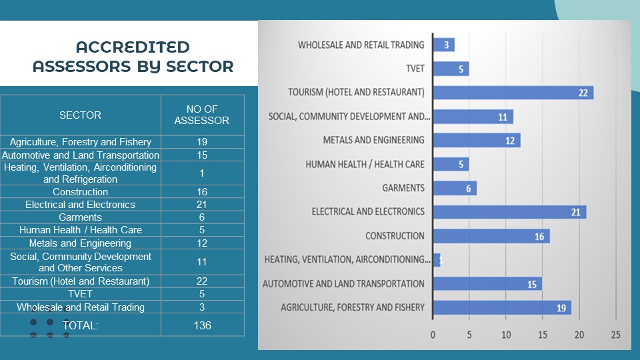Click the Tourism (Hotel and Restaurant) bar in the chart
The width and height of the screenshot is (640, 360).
click(513, 93)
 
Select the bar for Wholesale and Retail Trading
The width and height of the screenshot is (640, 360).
click(444, 45)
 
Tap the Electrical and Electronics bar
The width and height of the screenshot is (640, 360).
click(509, 212)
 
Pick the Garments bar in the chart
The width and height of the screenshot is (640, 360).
click(455, 188)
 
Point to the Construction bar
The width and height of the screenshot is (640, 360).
click(491, 236)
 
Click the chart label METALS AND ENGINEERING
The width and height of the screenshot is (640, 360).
click(373, 140)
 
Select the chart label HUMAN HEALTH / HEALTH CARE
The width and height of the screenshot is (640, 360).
click(365, 164)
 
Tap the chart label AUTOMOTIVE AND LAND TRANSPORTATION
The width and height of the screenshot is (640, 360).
click(343, 284)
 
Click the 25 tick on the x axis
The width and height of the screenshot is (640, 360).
click(615, 334)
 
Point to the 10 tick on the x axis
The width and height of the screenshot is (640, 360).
click(506, 334)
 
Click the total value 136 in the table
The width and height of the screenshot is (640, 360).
click(202, 325)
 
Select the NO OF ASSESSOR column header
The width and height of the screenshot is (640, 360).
click(202, 115)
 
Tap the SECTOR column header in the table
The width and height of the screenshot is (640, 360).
click(80, 115)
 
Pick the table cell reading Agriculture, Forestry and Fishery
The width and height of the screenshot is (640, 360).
click(80, 142)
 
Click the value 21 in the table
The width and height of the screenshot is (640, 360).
click(202, 205)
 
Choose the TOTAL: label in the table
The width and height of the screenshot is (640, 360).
click(80, 325)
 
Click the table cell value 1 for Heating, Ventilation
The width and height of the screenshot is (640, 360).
click(202, 173)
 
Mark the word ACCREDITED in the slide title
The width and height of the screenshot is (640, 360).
click(133, 47)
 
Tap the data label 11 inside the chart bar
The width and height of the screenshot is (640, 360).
click(503, 117)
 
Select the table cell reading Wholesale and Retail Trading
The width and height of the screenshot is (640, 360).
click(80, 307)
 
